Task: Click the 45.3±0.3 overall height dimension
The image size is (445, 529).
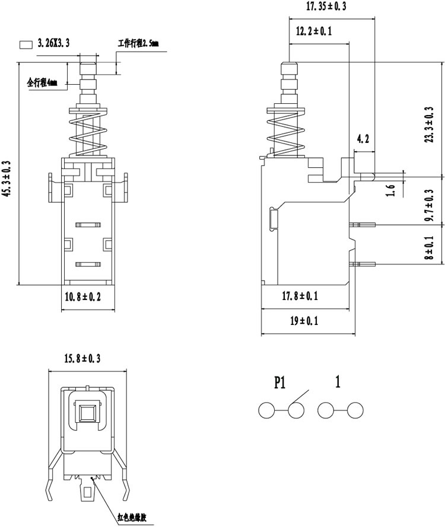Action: click(7, 178)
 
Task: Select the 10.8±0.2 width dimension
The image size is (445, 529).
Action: click(82, 297)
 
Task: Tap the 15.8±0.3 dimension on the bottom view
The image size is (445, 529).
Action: click(82, 358)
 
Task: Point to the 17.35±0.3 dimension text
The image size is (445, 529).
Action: click(326, 6)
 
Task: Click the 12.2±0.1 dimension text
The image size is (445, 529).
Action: click(314, 31)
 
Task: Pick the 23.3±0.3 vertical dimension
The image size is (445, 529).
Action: click(429, 125)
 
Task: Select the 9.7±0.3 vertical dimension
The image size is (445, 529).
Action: click(429, 205)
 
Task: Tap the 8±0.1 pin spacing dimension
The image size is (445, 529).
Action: click(429, 247)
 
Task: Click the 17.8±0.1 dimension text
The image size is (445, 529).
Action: click(300, 296)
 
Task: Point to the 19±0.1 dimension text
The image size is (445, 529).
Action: click(304, 320)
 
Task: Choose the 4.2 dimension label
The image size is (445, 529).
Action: click(363, 138)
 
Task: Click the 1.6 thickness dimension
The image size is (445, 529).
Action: click(390, 190)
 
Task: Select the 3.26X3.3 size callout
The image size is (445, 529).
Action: click(53, 43)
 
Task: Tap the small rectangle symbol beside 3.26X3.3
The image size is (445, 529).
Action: click(26, 44)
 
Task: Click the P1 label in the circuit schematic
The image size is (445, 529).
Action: click(279, 383)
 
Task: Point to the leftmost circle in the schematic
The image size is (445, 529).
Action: click(266, 410)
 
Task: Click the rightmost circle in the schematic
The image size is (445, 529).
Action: click(355, 410)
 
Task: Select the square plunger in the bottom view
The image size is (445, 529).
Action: click(88, 413)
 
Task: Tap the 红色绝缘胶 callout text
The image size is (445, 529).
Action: click(132, 517)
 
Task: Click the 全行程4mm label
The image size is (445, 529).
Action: click(43, 82)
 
